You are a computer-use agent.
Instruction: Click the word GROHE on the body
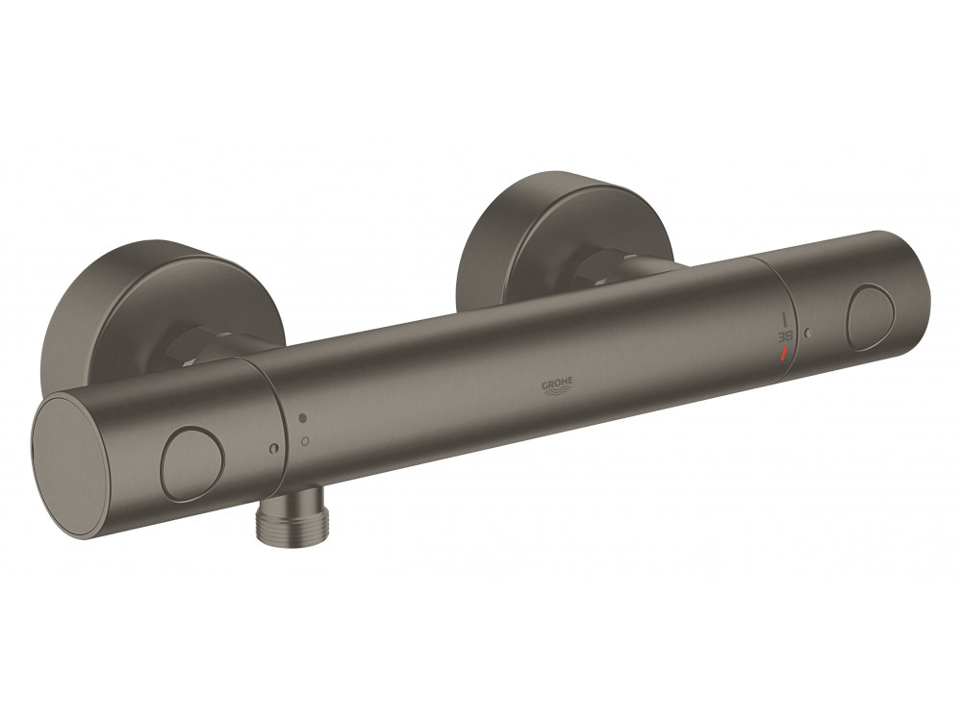coord(558,384)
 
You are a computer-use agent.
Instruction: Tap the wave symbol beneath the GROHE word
coord(558,393)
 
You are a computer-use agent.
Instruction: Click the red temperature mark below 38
coord(785,354)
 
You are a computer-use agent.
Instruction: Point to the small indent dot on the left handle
coord(272,448)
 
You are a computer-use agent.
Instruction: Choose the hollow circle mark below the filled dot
coord(305,440)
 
